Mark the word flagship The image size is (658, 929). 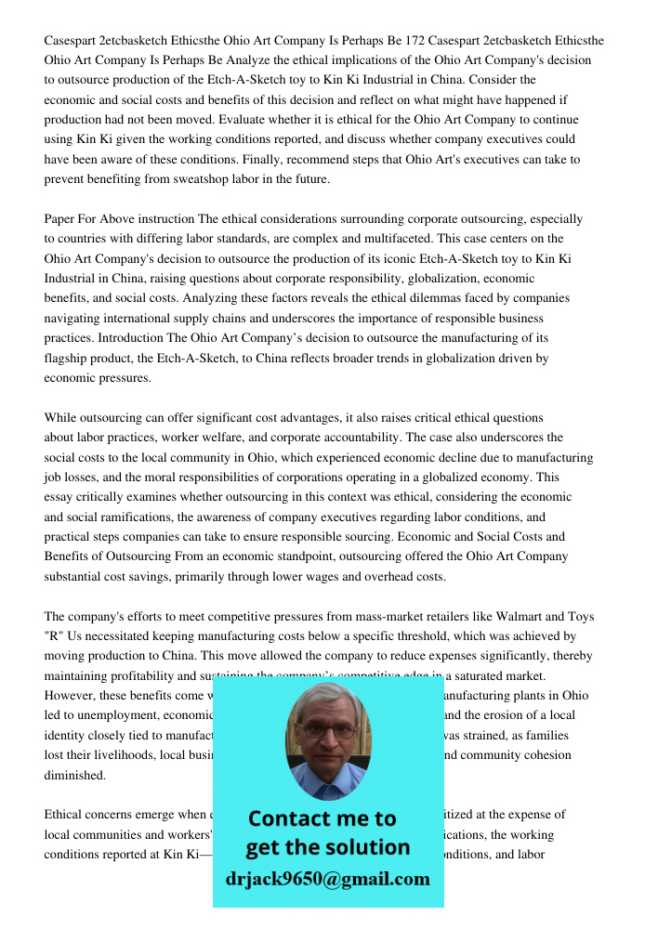click(x=68, y=358)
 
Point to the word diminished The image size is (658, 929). click(x=74, y=775)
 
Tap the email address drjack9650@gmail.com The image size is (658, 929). click(x=328, y=879)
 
